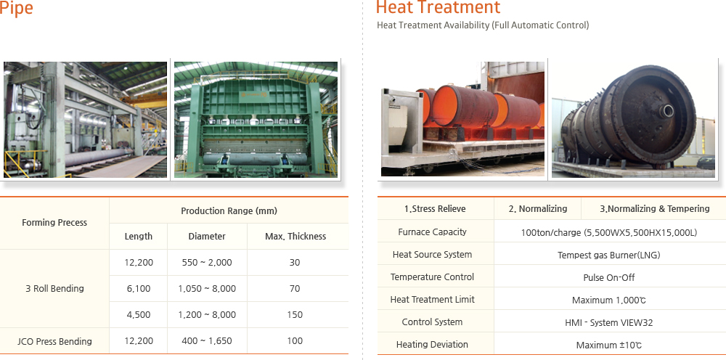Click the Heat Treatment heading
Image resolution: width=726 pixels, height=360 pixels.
pos(438,8)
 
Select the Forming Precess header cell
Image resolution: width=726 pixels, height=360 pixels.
pos(54,223)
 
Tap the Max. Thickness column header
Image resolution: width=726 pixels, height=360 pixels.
pos(295,237)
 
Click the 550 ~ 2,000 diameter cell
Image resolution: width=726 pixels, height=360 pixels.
pos(207,263)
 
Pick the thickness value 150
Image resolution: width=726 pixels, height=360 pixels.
pos(295,315)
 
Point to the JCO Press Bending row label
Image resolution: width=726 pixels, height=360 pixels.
pos(55,341)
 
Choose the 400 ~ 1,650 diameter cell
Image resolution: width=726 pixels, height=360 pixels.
pos(207,341)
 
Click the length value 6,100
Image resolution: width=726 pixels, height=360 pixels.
pos(138,289)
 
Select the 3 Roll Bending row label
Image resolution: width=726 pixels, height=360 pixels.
pos(54,289)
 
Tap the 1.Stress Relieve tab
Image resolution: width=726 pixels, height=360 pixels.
pos(435,209)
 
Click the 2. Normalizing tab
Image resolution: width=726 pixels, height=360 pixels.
pos(538,209)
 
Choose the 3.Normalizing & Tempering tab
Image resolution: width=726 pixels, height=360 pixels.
pos(654,209)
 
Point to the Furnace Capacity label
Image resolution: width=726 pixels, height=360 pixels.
pos(433,232)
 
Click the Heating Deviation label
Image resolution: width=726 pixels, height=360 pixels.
pos(433,345)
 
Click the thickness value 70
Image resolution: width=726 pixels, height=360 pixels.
pos(295,289)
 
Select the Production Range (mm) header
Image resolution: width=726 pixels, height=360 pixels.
pos(229,211)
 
